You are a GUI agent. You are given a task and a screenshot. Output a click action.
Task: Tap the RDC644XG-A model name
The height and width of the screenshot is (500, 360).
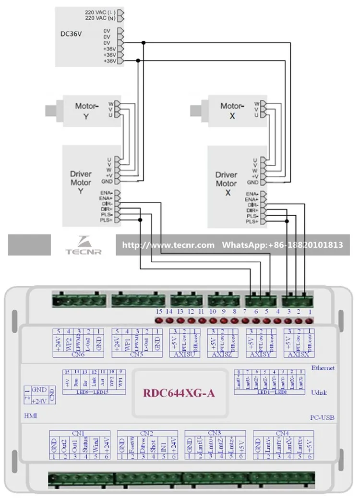179,393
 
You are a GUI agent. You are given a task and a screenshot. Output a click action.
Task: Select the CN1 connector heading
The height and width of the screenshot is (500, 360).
80,433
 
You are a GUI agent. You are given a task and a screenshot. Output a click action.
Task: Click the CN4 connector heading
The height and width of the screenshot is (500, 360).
283,433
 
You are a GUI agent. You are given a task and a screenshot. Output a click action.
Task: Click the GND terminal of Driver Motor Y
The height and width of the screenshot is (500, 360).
107,182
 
